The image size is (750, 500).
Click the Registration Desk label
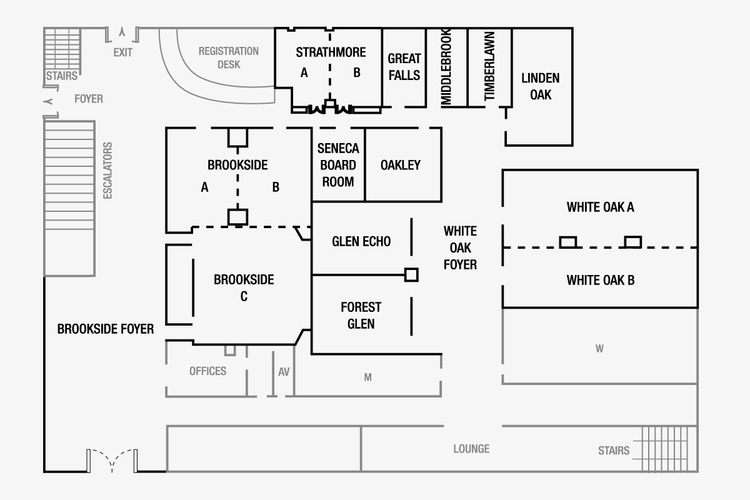tap(229, 57)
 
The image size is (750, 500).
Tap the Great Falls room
tap(404, 67)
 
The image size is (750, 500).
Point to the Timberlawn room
tap(489, 67)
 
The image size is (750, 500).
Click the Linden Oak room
tap(541, 86)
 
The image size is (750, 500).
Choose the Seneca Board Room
tap(338, 165)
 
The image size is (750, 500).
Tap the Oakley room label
tap(401, 165)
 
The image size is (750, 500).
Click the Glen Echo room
tap(361, 241)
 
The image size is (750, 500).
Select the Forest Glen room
tap(361, 315)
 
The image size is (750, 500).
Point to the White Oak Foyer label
tap(460, 248)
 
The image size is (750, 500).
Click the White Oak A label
tap(600, 207)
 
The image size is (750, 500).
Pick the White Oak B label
tap(600, 280)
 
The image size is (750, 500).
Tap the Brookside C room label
tap(244, 287)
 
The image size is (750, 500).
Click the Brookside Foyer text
tap(106, 329)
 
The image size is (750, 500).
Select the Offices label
tap(207, 371)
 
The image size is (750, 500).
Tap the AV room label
tap(284, 371)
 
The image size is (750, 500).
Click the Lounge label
tap(471, 449)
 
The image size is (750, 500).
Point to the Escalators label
tap(107, 171)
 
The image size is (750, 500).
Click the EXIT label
tap(123, 52)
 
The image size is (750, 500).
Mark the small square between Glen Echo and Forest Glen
tap(411, 274)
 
